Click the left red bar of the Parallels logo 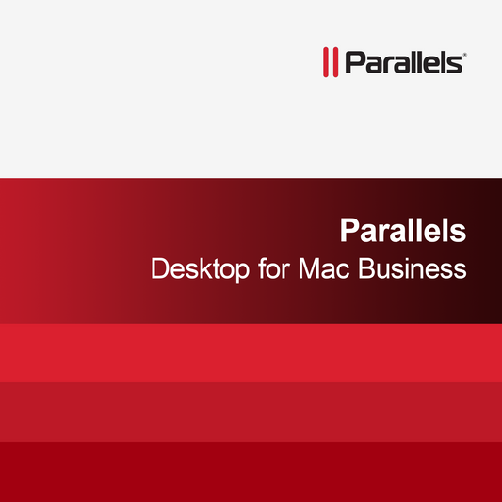pos(326,62)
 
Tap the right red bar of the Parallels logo pos(335,62)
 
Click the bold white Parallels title pos(403,230)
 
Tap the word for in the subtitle pos(272,268)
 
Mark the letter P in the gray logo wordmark pos(351,62)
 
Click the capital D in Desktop pos(160,268)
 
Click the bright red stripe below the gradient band pos(251,353)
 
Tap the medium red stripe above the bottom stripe pos(251,412)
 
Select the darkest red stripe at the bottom pos(251,471)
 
